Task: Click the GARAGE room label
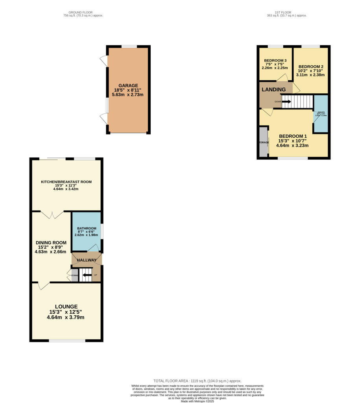(x=128, y=85)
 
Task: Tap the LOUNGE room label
(x=66, y=307)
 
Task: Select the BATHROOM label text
(x=87, y=228)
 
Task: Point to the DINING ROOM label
(x=51, y=242)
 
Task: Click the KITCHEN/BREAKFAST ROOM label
(x=66, y=182)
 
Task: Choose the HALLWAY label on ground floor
(x=87, y=260)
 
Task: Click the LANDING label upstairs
(x=274, y=90)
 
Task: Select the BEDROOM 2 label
(x=310, y=67)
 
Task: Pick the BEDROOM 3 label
(x=275, y=60)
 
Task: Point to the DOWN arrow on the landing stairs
(x=286, y=102)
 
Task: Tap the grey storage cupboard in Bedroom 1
(x=263, y=142)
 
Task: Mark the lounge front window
(x=67, y=340)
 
